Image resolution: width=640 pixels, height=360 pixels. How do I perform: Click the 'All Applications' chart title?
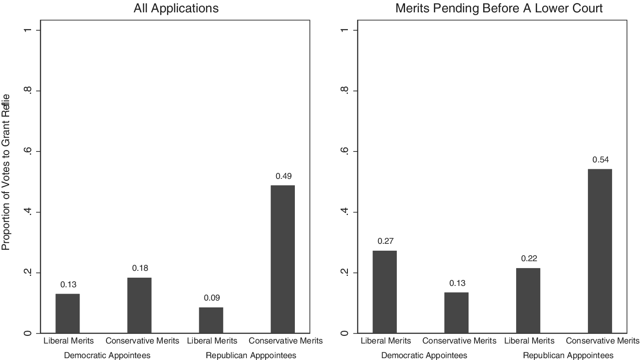[x=176, y=9]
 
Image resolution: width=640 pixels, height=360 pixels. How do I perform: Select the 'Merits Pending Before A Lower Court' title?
[x=499, y=8]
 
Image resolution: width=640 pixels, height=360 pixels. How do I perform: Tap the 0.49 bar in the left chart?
[x=283, y=259]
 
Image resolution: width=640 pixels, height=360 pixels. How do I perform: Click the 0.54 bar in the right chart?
[x=600, y=251]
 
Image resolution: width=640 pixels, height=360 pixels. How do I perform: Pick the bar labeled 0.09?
[x=211, y=320]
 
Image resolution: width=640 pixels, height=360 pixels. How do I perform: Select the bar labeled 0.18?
[x=139, y=306]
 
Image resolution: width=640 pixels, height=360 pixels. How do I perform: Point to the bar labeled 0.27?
[x=384, y=292]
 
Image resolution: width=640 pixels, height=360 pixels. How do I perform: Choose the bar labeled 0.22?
[x=528, y=301]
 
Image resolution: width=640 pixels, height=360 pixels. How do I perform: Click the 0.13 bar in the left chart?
[x=68, y=313]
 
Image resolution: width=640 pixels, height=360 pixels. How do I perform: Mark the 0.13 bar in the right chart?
[x=456, y=313]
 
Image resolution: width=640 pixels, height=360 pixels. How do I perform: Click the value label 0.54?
[x=601, y=160]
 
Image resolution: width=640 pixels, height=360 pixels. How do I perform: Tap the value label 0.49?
[x=284, y=176]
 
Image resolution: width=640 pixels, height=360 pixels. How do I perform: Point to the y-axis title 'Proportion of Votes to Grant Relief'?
[x=5, y=172]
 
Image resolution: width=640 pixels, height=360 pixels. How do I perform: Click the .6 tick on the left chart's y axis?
[x=28, y=151]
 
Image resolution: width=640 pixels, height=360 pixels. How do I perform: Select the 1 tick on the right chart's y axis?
[x=345, y=30]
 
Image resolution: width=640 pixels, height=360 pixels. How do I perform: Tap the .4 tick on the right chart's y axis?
[x=345, y=212]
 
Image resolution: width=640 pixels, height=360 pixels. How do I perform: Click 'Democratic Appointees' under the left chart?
[x=107, y=355]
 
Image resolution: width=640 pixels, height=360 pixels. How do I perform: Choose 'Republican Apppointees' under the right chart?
[x=568, y=355]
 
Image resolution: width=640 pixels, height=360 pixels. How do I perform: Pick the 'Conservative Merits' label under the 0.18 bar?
[x=142, y=341]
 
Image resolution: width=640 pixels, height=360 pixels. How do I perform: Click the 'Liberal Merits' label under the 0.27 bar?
[x=386, y=341]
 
